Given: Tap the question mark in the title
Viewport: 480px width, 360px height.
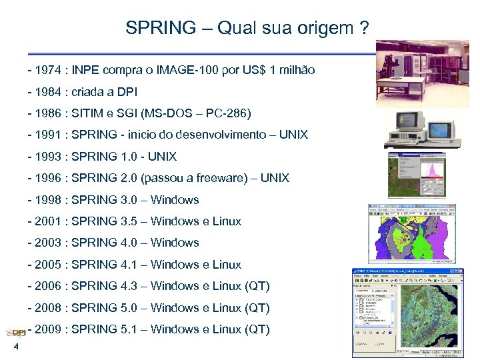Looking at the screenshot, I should [363, 28].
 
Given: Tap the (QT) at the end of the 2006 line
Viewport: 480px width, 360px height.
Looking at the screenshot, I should [257, 286].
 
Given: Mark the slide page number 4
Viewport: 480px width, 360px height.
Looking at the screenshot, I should [15, 351].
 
